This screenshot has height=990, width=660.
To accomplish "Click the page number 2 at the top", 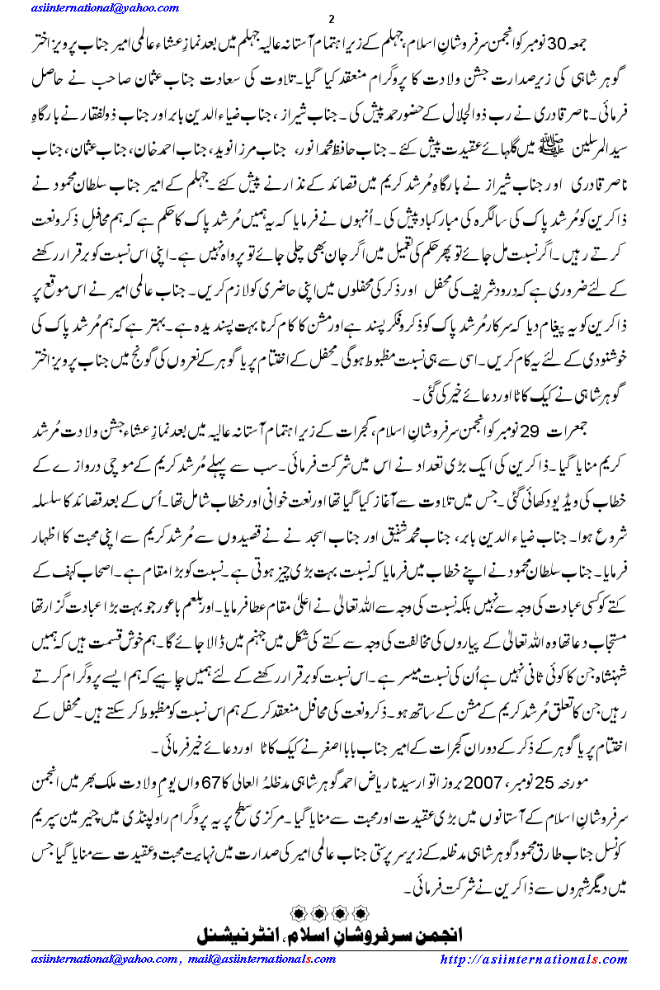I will pos(330,20).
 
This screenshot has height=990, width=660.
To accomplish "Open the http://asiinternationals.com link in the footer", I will pos(535,959).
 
